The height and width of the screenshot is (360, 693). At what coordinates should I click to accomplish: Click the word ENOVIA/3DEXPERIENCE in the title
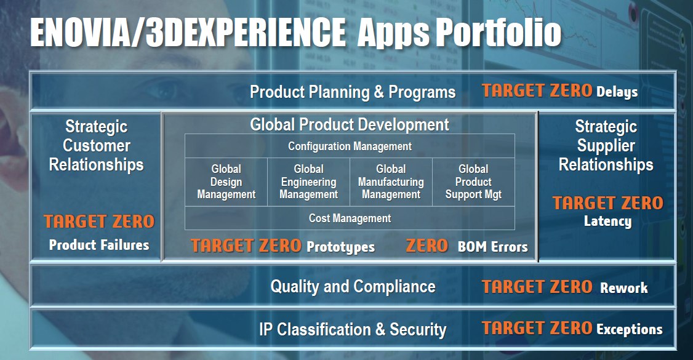[188, 33]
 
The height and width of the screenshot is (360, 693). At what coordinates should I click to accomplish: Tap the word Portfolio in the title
[499, 33]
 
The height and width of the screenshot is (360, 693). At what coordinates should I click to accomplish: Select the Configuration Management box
[350, 146]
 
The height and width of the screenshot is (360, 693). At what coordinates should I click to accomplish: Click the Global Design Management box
[226, 182]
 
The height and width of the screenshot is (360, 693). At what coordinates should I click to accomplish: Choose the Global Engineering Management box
[308, 182]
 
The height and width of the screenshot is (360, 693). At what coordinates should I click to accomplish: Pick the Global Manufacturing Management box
[391, 182]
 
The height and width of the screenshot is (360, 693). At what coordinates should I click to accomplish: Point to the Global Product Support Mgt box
[473, 182]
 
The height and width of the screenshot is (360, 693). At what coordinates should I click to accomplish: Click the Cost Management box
[350, 218]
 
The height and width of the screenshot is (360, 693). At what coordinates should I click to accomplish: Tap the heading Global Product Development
[350, 124]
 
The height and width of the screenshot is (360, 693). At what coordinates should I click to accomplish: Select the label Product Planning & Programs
[353, 92]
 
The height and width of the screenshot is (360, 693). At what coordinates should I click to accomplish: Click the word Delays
[617, 92]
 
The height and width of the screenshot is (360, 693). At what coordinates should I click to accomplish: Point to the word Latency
[607, 221]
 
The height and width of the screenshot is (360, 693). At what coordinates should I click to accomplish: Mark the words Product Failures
[99, 245]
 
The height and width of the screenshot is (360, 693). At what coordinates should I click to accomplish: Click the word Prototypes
[341, 247]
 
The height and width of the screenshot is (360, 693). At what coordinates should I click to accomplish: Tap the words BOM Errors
[493, 247]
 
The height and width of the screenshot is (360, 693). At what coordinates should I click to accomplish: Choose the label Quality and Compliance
[353, 287]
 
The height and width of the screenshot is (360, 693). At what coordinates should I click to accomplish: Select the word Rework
[623, 288]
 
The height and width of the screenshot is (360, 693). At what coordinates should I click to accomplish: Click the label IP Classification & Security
[353, 329]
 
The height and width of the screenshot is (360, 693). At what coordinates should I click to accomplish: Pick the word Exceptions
[630, 329]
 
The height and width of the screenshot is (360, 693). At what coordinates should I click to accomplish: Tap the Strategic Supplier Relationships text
[606, 145]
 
